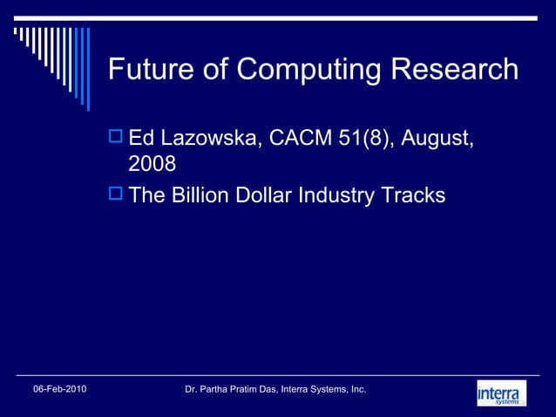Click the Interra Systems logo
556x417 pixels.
(x=502, y=393)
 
